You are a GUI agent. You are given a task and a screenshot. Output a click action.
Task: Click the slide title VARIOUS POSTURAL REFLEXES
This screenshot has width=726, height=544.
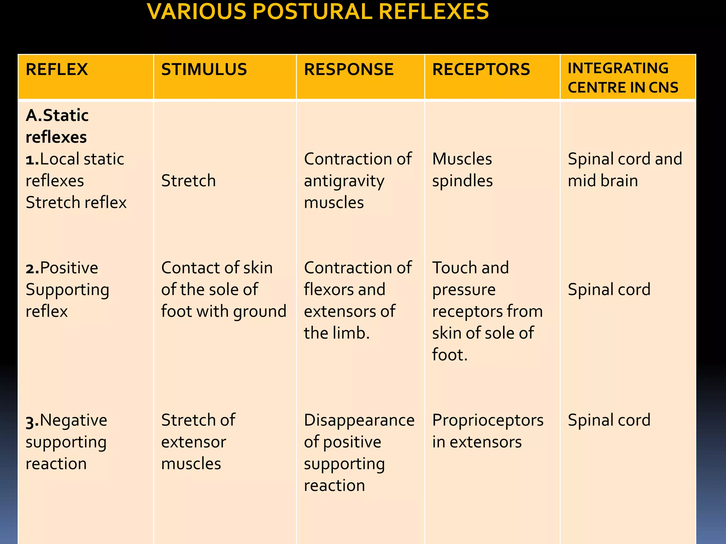tap(318, 12)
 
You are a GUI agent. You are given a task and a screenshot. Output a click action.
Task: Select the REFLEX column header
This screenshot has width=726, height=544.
tap(57, 69)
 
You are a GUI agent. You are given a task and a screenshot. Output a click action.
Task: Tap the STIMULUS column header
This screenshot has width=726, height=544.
tap(204, 69)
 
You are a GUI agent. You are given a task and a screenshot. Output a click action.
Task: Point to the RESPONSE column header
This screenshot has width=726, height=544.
tap(348, 69)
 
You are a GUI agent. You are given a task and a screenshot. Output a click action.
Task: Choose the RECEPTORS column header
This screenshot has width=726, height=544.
tap(481, 69)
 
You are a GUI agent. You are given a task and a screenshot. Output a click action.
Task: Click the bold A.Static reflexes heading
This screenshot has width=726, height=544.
tap(57, 126)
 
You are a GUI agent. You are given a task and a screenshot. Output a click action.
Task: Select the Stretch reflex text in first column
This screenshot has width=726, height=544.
tap(76, 203)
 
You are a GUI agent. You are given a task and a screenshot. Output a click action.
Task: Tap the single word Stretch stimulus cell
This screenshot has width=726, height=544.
tap(188, 181)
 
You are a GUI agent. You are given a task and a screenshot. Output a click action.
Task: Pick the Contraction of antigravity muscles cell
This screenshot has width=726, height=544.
tap(357, 181)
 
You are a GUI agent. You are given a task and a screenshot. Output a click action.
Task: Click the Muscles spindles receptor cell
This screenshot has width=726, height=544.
tap(462, 170)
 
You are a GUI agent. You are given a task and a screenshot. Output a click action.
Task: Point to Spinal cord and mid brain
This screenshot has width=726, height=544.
tap(625, 170)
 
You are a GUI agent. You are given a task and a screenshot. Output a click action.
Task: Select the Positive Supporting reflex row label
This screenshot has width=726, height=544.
tap(67, 289)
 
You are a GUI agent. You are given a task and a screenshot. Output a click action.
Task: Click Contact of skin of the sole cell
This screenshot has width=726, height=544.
tap(223, 289)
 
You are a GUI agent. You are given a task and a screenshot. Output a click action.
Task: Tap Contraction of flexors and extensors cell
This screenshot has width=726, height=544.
tap(357, 300)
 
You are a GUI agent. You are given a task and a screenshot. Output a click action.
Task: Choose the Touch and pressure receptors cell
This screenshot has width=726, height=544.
tap(487, 311)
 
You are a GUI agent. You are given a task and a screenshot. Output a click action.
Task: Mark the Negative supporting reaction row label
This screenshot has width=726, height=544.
tap(66, 442)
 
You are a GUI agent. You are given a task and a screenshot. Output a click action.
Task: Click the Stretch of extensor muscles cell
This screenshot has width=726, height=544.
tap(198, 442)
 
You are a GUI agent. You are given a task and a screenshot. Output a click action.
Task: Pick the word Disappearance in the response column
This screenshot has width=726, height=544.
tap(359, 420)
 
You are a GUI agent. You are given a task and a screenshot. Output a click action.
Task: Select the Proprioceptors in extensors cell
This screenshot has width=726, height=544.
tap(487, 431)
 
